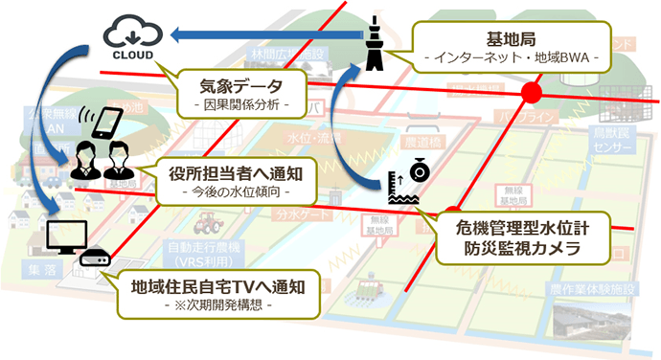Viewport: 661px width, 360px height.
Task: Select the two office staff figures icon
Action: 101,165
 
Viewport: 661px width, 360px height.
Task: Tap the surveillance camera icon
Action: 420,170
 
